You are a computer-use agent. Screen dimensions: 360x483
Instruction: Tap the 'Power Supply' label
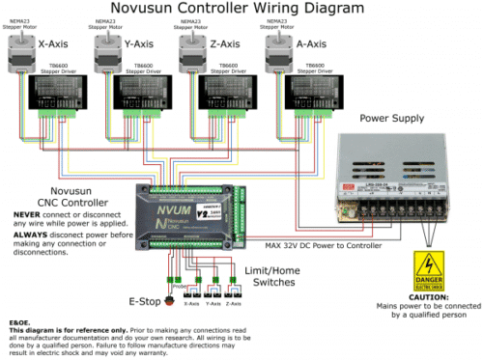tap(393, 118)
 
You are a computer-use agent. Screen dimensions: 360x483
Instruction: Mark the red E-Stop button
tap(160, 288)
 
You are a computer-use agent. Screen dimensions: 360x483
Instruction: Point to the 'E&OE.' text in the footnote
tap(19, 322)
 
